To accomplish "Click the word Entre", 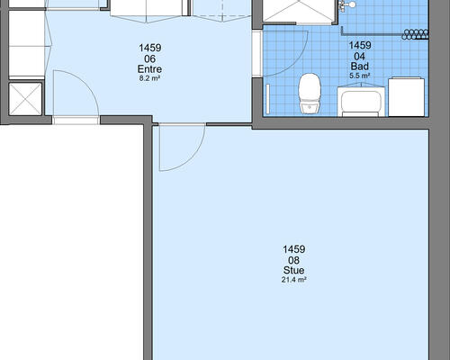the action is point(149,69).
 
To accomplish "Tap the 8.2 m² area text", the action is point(149,78).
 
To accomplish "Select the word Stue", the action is point(293,270).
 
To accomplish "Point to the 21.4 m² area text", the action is point(293,280).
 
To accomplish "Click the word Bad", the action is point(360,67).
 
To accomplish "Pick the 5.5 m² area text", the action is point(360,76).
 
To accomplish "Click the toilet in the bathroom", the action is point(310,94).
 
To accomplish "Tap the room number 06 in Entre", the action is point(149,58).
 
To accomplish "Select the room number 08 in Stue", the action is point(293,260).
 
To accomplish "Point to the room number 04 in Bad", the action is point(360,56).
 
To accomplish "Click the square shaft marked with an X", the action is point(25,99).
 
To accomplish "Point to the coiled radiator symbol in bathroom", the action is point(415,34).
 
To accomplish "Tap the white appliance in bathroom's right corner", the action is point(407,97).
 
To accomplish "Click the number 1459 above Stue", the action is point(293,249).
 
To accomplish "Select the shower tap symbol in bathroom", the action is point(346,5).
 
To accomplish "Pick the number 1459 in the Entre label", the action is point(149,48).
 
